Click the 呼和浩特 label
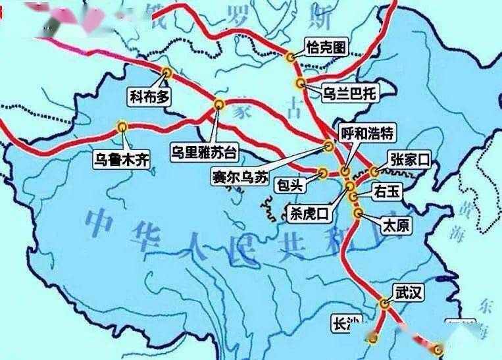point(367,134)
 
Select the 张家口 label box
point(409,159)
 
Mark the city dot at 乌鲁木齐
point(122,127)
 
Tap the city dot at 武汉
point(385,303)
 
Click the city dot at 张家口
point(374,172)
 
